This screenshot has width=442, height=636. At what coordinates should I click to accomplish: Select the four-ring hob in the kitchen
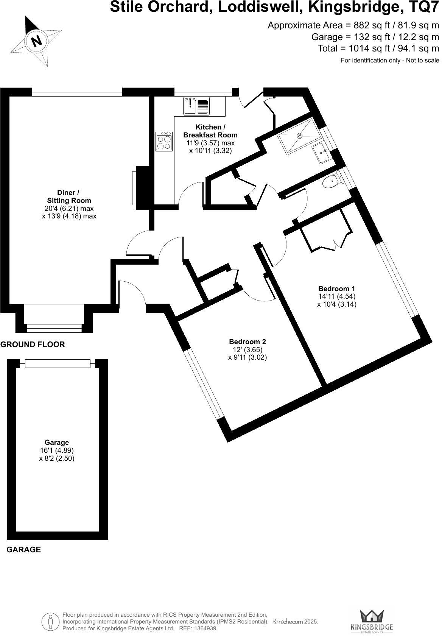[164, 142]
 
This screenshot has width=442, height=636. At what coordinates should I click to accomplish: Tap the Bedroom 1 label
[337, 288]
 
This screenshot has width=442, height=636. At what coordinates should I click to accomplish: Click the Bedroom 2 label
[247, 342]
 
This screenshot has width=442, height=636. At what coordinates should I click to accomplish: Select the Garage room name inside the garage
[57, 442]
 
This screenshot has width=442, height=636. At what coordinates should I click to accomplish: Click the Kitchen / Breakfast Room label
[210, 131]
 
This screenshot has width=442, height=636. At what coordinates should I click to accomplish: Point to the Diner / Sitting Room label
[69, 196]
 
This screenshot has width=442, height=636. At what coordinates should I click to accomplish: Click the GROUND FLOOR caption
[33, 344]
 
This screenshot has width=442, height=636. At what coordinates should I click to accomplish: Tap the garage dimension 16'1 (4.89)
[57, 450]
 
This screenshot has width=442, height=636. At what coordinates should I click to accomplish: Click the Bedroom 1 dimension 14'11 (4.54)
[337, 296]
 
